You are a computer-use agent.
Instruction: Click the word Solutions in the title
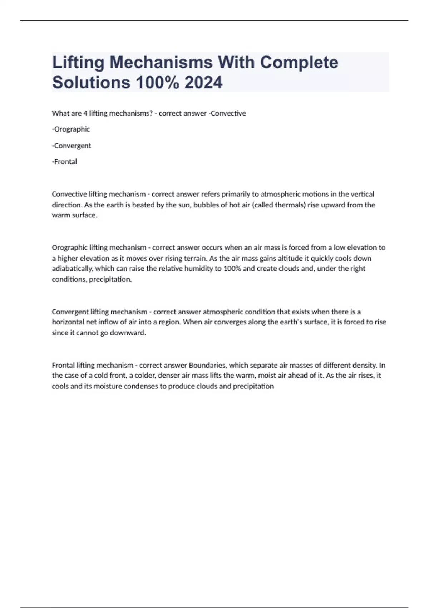(91, 82)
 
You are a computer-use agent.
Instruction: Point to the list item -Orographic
(71, 129)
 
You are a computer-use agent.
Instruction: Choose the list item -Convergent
(71, 146)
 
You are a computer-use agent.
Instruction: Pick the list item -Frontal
(64, 162)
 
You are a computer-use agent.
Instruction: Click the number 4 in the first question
(85, 113)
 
